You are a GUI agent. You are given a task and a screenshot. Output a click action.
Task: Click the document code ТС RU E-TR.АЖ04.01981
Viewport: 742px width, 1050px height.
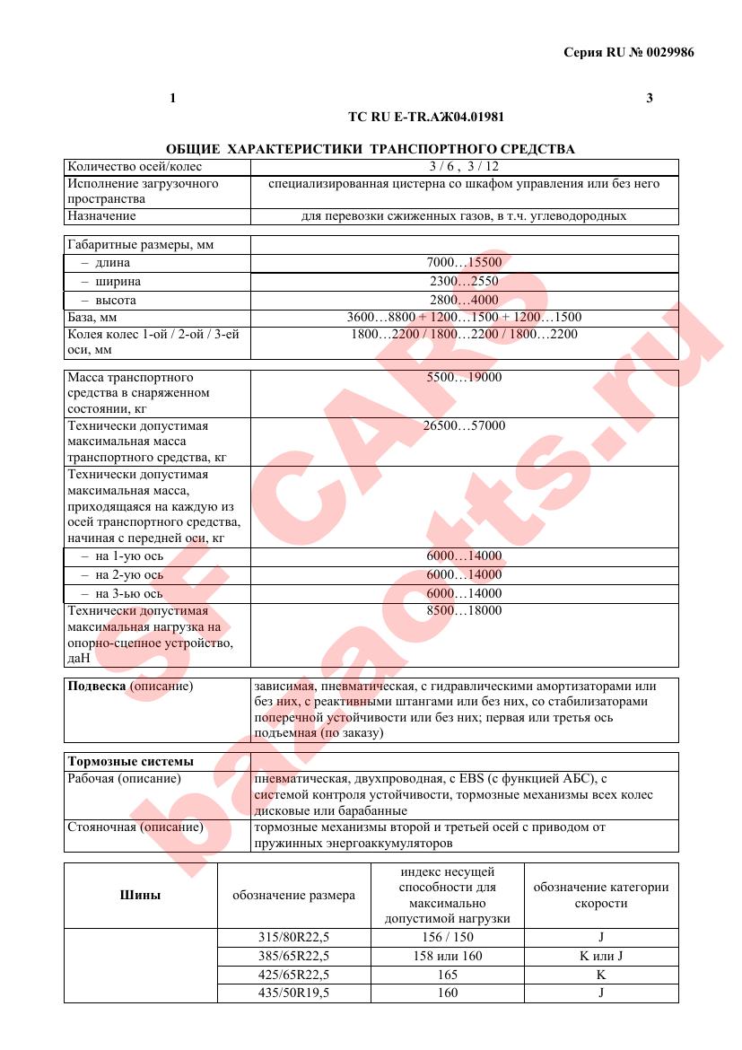(x=432, y=117)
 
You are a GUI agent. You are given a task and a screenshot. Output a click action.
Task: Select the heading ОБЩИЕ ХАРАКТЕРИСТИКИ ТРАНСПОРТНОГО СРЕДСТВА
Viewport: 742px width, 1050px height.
(x=371, y=148)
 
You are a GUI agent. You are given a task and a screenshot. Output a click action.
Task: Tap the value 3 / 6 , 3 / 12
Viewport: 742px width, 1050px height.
(x=464, y=166)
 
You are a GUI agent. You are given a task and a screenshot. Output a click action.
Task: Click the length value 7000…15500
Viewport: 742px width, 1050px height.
(x=464, y=263)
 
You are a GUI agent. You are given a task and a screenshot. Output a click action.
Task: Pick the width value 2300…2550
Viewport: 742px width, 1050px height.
(x=464, y=281)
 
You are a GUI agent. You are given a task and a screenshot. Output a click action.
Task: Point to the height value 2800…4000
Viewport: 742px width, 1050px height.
(x=464, y=300)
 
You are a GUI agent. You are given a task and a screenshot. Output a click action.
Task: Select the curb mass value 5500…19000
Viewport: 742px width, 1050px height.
(x=464, y=377)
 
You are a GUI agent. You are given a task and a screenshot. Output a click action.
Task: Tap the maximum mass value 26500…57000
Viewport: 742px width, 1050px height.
(x=464, y=425)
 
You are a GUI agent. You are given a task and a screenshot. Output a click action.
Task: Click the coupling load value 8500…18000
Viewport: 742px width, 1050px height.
(x=464, y=611)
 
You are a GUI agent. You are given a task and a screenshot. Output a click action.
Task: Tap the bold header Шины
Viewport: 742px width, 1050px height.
(x=140, y=895)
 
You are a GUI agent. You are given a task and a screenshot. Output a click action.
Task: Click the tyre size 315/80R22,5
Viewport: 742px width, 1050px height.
(x=293, y=937)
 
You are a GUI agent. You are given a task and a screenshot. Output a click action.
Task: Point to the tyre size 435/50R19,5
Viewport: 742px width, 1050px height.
(x=293, y=993)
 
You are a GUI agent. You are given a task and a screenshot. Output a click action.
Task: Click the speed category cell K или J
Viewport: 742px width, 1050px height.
(x=600, y=956)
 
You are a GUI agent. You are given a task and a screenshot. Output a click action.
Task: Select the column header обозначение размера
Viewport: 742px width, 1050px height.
(x=293, y=895)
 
